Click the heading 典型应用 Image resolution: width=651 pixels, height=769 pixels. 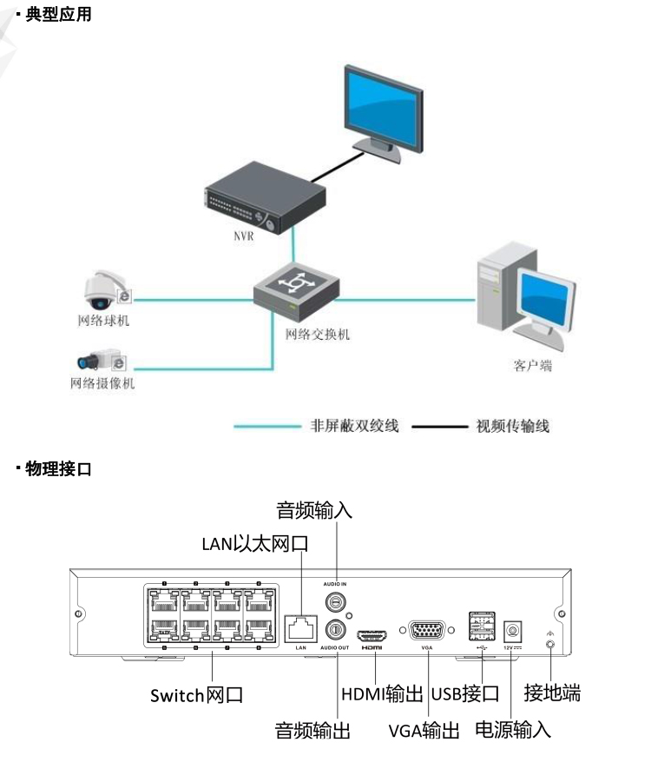click(x=58, y=15)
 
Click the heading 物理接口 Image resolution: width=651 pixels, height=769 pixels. click(x=58, y=469)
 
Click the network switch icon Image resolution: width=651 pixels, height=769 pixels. click(x=296, y=290)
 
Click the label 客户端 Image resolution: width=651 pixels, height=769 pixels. click(x=532, y=367)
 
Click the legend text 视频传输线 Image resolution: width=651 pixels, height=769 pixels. click(x=512, y=427)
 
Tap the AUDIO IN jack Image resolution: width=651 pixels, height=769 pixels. click(x=333, y=601)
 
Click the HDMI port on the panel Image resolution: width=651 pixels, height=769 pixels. click(x=372, y=633)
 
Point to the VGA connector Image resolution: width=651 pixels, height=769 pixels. click(x=425, y=632)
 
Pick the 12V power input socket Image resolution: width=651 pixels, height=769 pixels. click(x=514, y=628)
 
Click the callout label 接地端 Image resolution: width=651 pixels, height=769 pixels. click(x=552, y=693)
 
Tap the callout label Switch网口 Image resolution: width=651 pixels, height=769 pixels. click(x=196, y=695)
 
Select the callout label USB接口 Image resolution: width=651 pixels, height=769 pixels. click(x=464, y=693)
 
